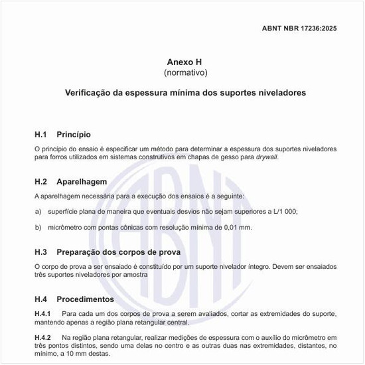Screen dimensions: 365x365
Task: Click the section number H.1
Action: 40,134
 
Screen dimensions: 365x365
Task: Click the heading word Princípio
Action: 74,134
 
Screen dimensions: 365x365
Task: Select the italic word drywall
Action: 269,158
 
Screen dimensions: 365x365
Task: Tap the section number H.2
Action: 41,181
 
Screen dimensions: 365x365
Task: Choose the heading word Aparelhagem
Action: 82,181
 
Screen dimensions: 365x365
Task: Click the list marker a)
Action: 38,211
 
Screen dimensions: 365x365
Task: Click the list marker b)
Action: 38,228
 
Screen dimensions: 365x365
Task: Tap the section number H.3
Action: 41,252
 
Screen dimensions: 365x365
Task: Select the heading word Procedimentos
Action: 86,299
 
